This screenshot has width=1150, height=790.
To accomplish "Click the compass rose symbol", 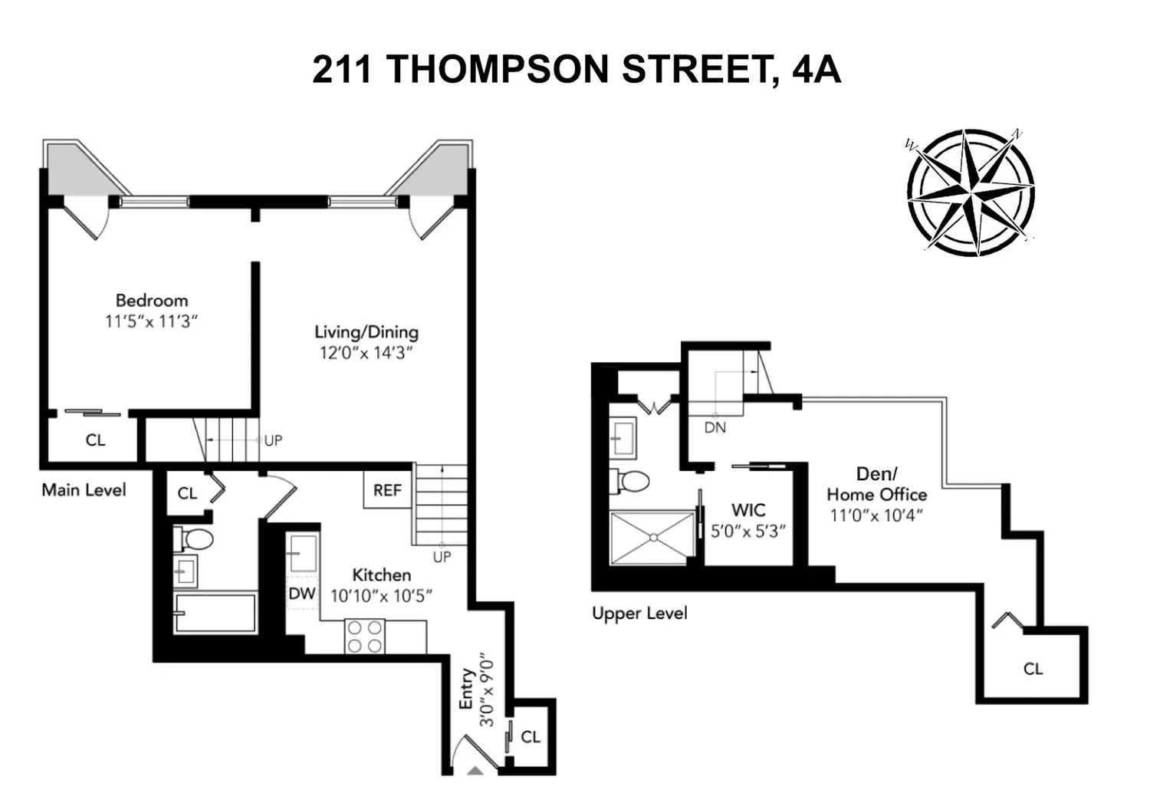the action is pos(971,193).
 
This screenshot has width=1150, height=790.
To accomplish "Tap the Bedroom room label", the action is pos(152,301).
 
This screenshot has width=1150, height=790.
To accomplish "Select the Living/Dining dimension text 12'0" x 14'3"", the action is pos(366,354).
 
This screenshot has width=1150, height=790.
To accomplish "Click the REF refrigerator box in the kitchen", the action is pos(388,489).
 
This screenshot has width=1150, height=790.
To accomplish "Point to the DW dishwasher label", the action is pos(302,594).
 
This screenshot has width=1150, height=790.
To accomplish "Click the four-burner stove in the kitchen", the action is pos(364,637).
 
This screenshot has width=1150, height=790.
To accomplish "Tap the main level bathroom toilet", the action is pos(193,539).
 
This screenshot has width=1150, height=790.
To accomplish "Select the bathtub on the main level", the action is pos(215,613).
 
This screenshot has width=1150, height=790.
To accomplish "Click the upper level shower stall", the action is pos(653,538).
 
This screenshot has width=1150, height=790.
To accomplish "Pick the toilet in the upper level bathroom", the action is pos(630,482).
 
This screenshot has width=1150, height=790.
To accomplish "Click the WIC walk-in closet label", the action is pos(748,510).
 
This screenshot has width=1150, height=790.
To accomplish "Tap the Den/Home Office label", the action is pos(877,484).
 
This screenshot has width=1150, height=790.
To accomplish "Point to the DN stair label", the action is pos(715,427).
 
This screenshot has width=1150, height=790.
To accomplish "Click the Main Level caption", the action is pos(84,490).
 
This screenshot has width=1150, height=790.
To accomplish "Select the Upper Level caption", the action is pos(639,613).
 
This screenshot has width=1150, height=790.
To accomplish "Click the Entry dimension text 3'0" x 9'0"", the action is pos(487,690).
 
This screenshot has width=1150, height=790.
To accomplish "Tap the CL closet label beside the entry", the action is pos(531,737).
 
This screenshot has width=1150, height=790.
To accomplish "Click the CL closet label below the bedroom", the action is pos(96,440).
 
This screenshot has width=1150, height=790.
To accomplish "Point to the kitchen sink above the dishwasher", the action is pos(304,553).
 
